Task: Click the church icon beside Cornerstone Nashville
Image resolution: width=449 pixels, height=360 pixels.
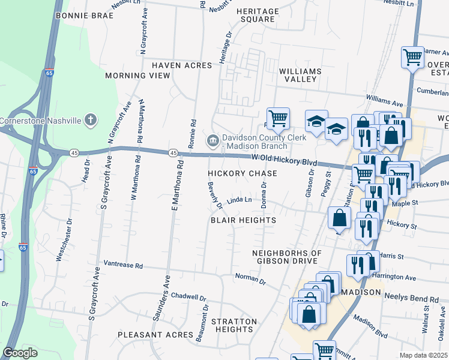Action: (90, 120)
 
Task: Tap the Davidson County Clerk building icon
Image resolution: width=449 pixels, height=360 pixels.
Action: (212, 141)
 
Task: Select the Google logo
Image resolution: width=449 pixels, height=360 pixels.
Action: (20, 353)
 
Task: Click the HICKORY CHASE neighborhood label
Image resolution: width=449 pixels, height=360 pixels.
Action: (243, 173)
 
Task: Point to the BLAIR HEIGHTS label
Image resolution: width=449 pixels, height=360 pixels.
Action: (243, 220)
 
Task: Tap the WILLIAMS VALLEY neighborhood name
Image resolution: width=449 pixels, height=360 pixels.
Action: (300, 75)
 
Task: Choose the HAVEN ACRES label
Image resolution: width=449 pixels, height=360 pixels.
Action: (182, 65)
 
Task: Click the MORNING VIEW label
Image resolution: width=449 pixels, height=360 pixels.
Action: (137, 76)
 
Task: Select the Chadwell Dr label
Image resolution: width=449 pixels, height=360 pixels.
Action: (188, 296)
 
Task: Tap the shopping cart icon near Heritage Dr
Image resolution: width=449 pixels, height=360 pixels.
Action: (278, 118)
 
